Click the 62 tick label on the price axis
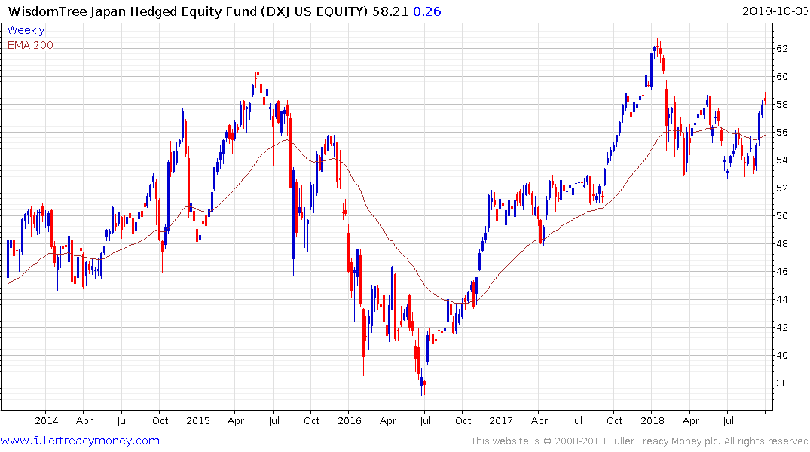782,49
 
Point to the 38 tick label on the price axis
782,383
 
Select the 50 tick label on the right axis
782,216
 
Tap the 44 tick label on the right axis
782,300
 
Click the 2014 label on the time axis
46,421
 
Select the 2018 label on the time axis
652,421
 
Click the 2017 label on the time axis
500,421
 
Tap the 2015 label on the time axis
197,421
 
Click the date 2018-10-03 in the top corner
773,11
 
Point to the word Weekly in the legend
26,31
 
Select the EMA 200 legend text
30,45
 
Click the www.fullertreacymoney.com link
80,441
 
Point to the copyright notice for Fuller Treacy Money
640,441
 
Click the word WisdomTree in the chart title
47,11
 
